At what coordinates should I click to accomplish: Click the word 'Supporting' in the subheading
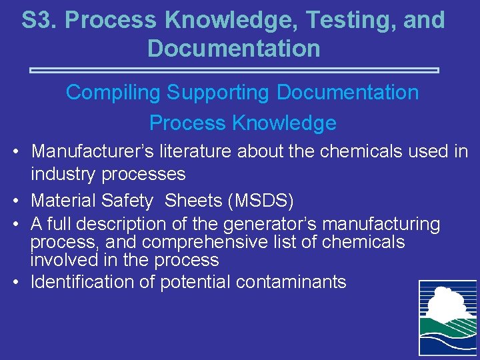click(x=218, y=93)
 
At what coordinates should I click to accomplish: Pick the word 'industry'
click(x=63, y=174)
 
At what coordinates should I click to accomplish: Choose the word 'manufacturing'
click(x=377, y=225)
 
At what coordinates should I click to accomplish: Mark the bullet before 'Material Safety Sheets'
click(x=16, y=200)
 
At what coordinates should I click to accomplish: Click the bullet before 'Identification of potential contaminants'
click(x=16, y=282)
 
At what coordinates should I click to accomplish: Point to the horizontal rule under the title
click(x=235, y=69)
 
